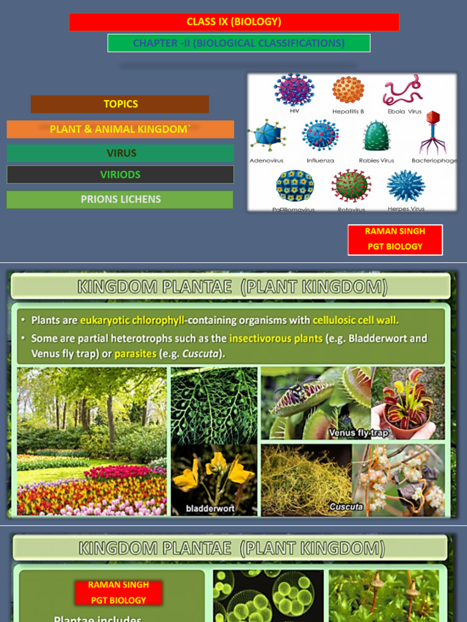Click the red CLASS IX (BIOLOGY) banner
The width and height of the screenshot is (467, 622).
click(234, 22)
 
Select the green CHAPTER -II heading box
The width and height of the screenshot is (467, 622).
click(239, 43)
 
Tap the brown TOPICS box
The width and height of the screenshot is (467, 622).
click(120, 104)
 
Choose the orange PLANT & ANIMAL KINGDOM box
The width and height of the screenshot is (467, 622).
click(120, 129)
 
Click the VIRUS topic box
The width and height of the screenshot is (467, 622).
click(120, 153)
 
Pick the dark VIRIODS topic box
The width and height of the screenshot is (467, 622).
click(120, 174)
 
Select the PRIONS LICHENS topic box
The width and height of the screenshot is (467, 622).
click(120, 199)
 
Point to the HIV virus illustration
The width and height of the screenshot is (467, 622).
click(294, 90)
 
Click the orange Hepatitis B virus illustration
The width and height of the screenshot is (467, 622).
click(348, 90)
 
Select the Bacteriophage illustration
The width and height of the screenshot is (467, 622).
click(432, 132)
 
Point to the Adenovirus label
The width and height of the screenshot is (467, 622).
click(266, 161)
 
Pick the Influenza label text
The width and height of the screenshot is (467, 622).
click(320, 161)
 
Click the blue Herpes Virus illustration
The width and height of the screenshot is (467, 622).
click(406, 186)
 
